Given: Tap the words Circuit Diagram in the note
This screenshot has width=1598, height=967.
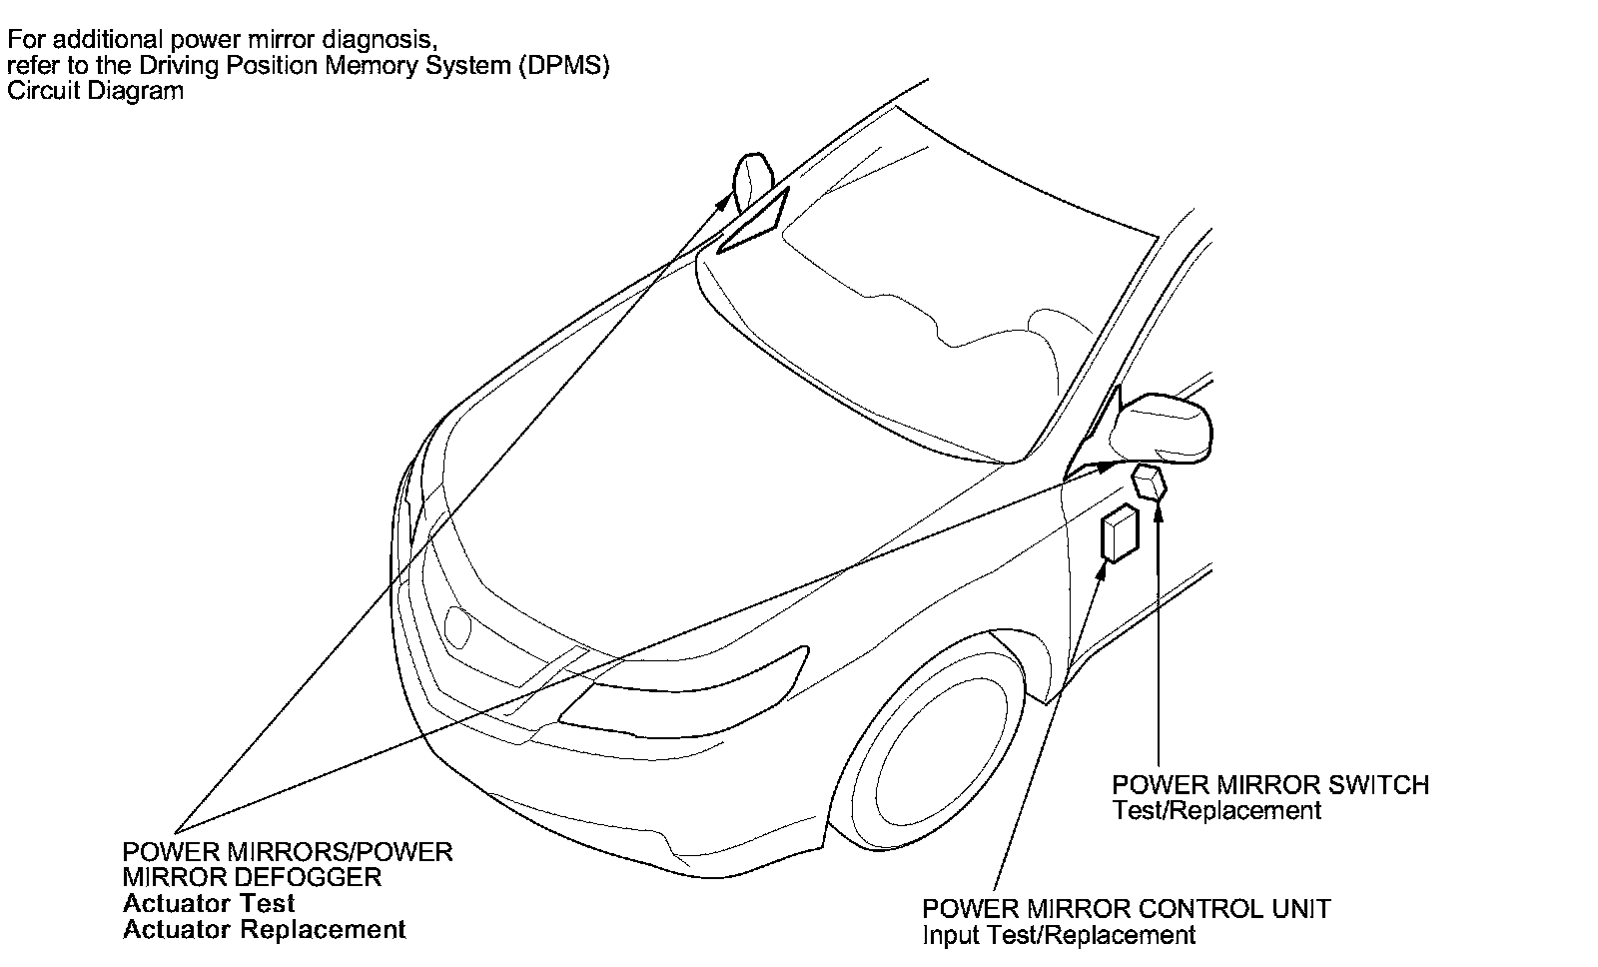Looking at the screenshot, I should [x=95, y=91].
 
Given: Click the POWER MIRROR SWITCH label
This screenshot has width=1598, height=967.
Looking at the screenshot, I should [x=1270, y=785].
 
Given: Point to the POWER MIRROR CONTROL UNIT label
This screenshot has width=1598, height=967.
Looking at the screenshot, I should [x=1126, y=909].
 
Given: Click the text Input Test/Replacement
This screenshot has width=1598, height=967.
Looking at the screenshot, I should [x=1058, y=936].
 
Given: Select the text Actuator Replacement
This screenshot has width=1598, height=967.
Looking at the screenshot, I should [x=264, y=930].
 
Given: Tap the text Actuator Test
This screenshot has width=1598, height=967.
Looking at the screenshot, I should [x=209, y=904].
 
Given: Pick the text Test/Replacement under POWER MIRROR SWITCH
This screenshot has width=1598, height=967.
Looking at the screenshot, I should [x=1216, y=811].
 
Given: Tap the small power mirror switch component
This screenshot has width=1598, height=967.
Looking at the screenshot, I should [x=1151, y=483].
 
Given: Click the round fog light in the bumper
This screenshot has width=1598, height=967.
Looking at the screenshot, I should [x=459, y=624].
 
